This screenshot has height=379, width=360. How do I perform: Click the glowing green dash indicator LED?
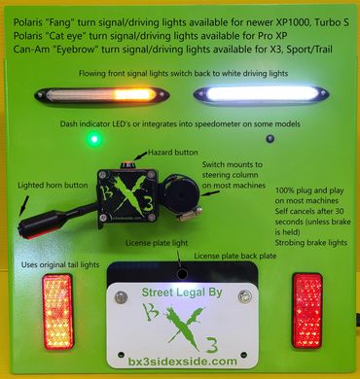[x=94, y=139]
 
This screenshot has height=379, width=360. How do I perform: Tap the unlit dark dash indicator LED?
[x=270, y=139]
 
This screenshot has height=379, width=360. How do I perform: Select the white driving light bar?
[x=262, y=94]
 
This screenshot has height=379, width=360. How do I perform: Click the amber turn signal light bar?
[x=101, y=94]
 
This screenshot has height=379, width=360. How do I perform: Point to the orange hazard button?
[x=126, y=164]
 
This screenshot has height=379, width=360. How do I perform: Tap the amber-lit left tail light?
[x=57, y=312]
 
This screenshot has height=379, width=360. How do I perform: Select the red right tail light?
[x=307, y=311]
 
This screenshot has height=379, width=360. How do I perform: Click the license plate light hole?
[x=182, y=274]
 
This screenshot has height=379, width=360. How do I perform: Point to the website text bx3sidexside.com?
[x=183, y=361]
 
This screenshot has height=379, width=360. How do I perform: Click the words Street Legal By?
[x=182, y=293]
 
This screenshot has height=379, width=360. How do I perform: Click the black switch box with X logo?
[x=128, y=195]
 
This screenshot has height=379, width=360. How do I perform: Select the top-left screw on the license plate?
[x=121, y=297]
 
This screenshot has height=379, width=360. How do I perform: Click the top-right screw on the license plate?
[x=244, y=296]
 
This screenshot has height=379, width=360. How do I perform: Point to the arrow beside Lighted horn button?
[x=24, y=205]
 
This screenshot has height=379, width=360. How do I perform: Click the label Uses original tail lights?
[x=60, y=264]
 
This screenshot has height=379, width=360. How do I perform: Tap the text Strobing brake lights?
[x=311, y=243]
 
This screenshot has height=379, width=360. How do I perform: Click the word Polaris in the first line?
[x=27, y=22]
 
